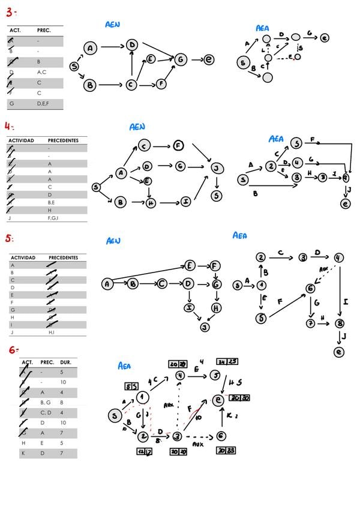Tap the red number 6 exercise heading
[x=13, y=349]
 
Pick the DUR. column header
[x=66, y=363]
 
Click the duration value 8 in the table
[x=62, y=403]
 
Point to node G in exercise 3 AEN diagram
[x=180, y=59]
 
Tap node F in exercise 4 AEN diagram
[x=178, y=145]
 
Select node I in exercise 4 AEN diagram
[x=186, y=202]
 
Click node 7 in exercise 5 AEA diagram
[x=311, y=323]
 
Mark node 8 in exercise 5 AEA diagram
[x=340, y=323]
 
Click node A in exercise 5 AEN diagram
[x=107, y=284]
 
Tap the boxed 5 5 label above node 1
[x=131, y=385]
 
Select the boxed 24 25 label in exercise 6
[x=227, y=361]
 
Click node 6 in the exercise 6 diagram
[x=221, y=436]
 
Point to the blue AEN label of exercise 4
[x=137, y=127]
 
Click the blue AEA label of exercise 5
[x=239, y=236]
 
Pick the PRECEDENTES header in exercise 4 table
[x=63, y=140]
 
